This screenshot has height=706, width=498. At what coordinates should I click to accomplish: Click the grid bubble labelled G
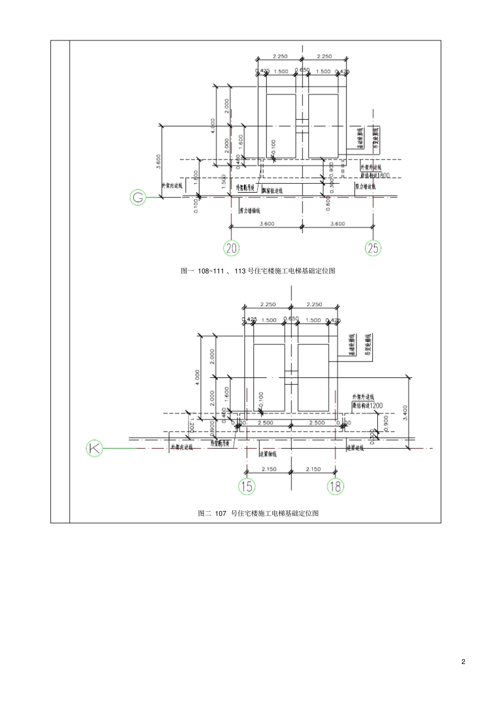pos(138,197)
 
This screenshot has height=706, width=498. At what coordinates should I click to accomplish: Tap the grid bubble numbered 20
pos(232,248)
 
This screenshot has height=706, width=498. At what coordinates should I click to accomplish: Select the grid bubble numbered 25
pos(373,248)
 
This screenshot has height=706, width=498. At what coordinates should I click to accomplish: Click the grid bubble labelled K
pos(94,448)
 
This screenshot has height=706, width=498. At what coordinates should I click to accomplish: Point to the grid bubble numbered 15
pos(246,487)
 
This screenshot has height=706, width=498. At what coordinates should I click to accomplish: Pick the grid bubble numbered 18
pos(335,487)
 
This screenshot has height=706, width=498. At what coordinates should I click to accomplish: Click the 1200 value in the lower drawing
pos(375,406)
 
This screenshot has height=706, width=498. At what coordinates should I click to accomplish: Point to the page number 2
pos(463,661)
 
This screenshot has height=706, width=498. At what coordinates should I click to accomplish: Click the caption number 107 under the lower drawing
pos(220,513)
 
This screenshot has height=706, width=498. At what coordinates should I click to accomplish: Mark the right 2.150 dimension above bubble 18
pos(313,469)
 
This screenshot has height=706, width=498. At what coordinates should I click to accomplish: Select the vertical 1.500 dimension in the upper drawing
pos(224,182)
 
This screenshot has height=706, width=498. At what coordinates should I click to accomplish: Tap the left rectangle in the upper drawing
pos(282,125)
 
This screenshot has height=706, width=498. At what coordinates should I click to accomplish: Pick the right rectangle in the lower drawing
pos(313,377)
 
